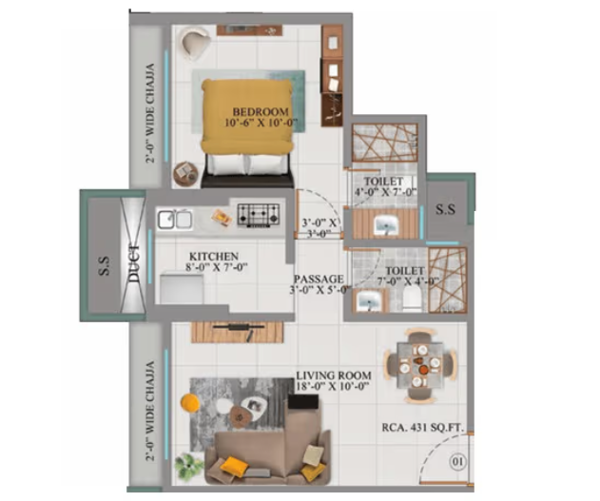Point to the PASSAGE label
[x=318, y=279]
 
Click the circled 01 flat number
[x=458, y=463]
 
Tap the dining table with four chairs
[x=416, y=363]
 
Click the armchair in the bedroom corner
[x=196, y=42]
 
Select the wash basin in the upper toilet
[x=387, y=225]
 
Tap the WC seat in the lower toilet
[x=410, y=299]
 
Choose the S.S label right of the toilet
[x=444, y=209]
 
